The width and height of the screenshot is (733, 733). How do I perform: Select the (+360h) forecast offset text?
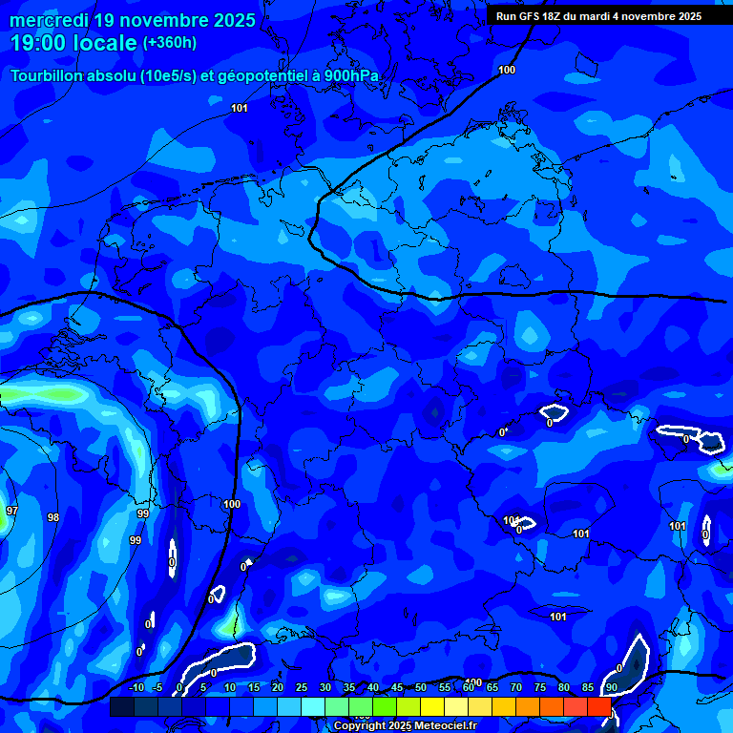170,43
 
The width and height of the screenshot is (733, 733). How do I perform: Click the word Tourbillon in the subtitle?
48,76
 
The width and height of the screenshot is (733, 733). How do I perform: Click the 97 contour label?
11,512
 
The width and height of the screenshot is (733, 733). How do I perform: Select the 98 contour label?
53,517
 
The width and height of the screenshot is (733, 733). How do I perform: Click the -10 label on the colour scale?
136,688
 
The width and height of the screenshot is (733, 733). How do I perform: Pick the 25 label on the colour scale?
302,688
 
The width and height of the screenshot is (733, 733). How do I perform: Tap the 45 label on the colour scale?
397,688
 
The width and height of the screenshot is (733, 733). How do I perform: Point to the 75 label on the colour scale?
540,688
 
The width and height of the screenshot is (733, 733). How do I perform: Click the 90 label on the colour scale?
611,688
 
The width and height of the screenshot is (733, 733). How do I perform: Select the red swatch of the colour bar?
598,707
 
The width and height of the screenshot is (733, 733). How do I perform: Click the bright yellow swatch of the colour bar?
431,707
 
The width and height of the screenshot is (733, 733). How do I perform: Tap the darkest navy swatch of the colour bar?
121,707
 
